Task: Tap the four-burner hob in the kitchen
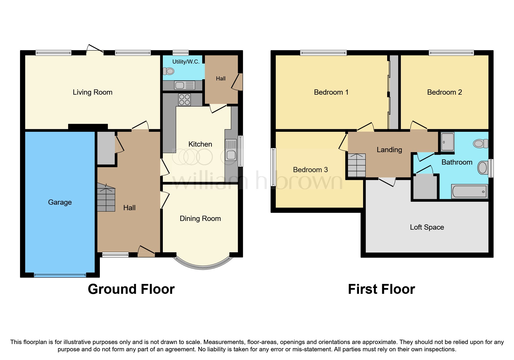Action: pos(185,100)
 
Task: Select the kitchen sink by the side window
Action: pos(231,155)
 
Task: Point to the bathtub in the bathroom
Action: pos(469,192)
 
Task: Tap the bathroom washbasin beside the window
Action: pos(483,168)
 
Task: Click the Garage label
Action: pos(60,202)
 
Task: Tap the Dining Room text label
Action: pos(200,219)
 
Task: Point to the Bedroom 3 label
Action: pos(310,170)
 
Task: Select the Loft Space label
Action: pos(427,227)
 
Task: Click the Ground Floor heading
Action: pos(131,289)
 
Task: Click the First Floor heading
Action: pos(381,289)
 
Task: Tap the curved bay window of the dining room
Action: pos(203,266)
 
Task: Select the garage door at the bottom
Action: pos(60,275)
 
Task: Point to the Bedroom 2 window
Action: pos(451,53)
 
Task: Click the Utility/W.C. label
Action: pos(186,62)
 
